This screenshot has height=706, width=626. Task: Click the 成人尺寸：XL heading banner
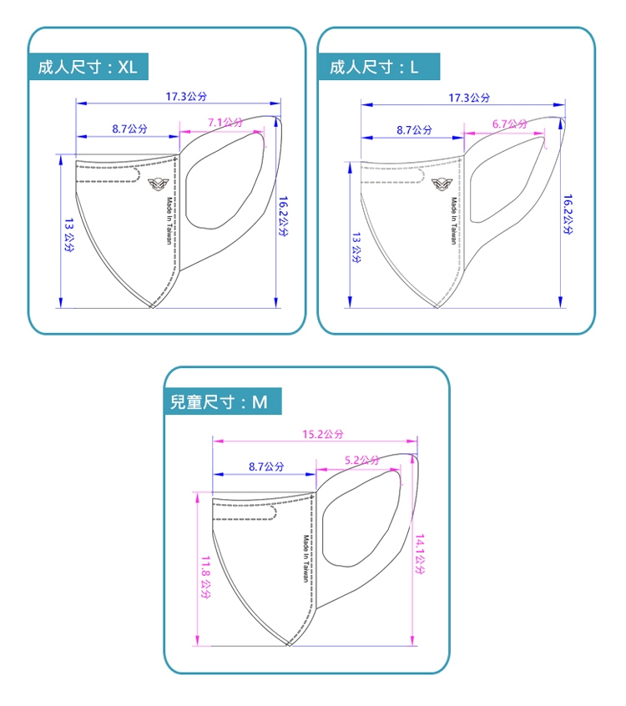pyautogui.click(x=88, y=67)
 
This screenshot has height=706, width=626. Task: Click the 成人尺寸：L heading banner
pyautogui.click(x=379, y=67)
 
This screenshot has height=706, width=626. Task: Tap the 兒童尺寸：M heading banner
pyautogui.click(x=223, y=401)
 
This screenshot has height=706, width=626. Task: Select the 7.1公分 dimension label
pyautogui.click(x=225, y=122)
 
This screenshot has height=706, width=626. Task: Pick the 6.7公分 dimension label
pyautogui.click(x=509, y=124)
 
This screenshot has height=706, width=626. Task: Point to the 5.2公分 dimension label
pyautogui.click(x=362, y=460)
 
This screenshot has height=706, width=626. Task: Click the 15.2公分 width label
pyautogui.click(x=322, y=434)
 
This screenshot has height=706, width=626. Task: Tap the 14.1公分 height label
pyautogui.click(x=420, y=554)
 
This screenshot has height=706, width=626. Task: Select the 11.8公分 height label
pyautogui.click(x=205, y=577)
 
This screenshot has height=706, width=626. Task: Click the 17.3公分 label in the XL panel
pyautogui.click(x=186, y=96)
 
